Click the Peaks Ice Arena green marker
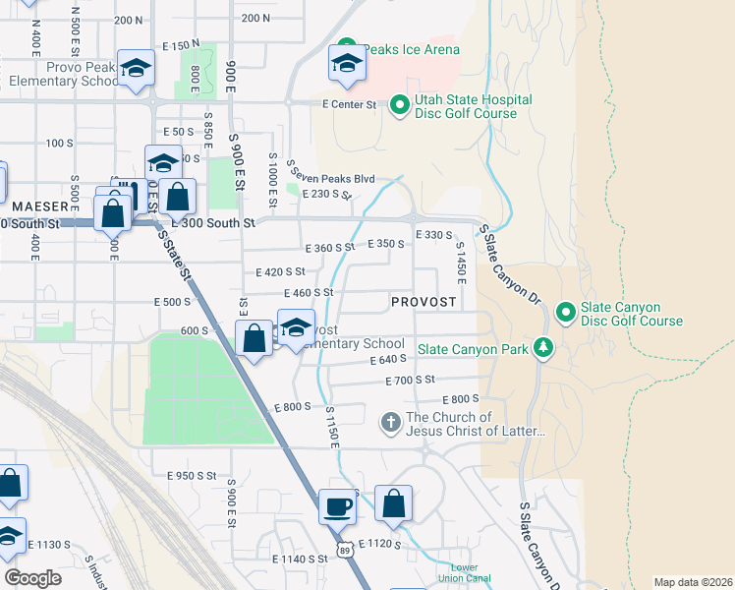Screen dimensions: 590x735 point(345,48)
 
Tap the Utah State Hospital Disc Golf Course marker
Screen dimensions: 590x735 point(400,104)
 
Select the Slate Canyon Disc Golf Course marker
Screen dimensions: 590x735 point(565,313)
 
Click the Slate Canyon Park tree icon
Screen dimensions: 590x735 point(541,348)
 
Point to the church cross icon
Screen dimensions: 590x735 point(390,422)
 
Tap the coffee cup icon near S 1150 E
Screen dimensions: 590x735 point(339,505)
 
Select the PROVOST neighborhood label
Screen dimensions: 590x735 point(423,302)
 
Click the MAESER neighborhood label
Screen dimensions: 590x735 point(39,206)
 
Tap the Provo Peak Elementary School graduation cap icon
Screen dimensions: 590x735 point(136,68)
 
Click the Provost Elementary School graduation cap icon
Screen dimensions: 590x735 point(295,327)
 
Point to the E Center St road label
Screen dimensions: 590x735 point(349,103)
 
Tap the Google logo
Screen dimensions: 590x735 point(32,578)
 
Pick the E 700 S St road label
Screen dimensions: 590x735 point(424,380)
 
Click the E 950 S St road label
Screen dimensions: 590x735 point(184,475)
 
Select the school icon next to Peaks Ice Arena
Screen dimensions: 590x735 point(345,64)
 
